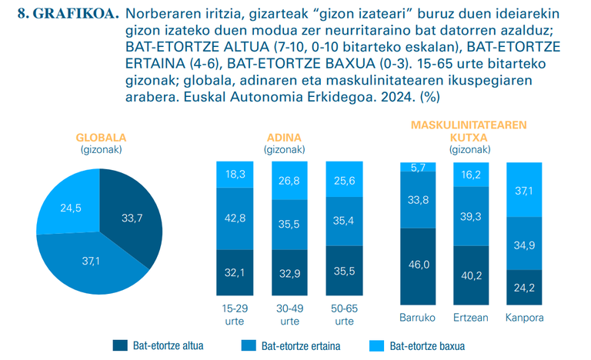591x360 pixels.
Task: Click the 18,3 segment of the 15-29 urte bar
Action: tap(235, 175)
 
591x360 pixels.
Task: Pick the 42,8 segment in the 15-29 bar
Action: tap(235, 218)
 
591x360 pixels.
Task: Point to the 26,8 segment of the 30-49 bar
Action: tap(289, 181)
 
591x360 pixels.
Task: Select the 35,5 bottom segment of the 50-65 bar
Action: tap(343, 272)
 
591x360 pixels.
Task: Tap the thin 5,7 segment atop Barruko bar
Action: tap(418, 167)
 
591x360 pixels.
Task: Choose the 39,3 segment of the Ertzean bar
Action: tap(472, 216)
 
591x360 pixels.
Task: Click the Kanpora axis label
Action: tap(526, 318)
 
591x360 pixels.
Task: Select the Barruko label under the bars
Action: tap(418, 318)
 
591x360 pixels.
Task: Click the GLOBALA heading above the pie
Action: tap(101, 138)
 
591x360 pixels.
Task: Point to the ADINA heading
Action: tap(284, 138)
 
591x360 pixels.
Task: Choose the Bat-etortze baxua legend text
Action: tap(427, 346)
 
